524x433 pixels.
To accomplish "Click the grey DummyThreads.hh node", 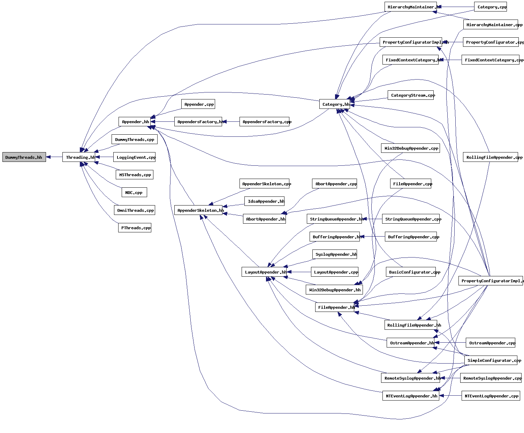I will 24,157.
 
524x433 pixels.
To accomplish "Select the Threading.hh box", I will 79,157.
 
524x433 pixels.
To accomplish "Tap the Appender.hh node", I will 135,122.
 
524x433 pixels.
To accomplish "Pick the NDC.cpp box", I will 134,193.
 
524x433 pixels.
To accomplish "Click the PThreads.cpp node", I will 135,228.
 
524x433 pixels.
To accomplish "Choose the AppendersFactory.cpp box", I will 265,122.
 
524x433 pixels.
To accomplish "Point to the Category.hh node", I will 335,104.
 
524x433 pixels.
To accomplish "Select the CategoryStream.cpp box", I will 411,95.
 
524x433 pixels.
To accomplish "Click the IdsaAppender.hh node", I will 265,201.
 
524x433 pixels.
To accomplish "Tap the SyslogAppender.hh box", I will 335,254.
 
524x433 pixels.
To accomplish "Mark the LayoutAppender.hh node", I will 264,272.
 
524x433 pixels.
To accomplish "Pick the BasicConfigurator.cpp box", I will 411,272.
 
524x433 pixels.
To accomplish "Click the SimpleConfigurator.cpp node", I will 491,360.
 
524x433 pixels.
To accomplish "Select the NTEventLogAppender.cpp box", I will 491,396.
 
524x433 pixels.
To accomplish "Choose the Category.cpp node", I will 491,7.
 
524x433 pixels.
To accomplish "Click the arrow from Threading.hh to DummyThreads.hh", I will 54,157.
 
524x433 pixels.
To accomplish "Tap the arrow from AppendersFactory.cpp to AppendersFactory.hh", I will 231,122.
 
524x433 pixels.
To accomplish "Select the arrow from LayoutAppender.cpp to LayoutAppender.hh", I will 299,272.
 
